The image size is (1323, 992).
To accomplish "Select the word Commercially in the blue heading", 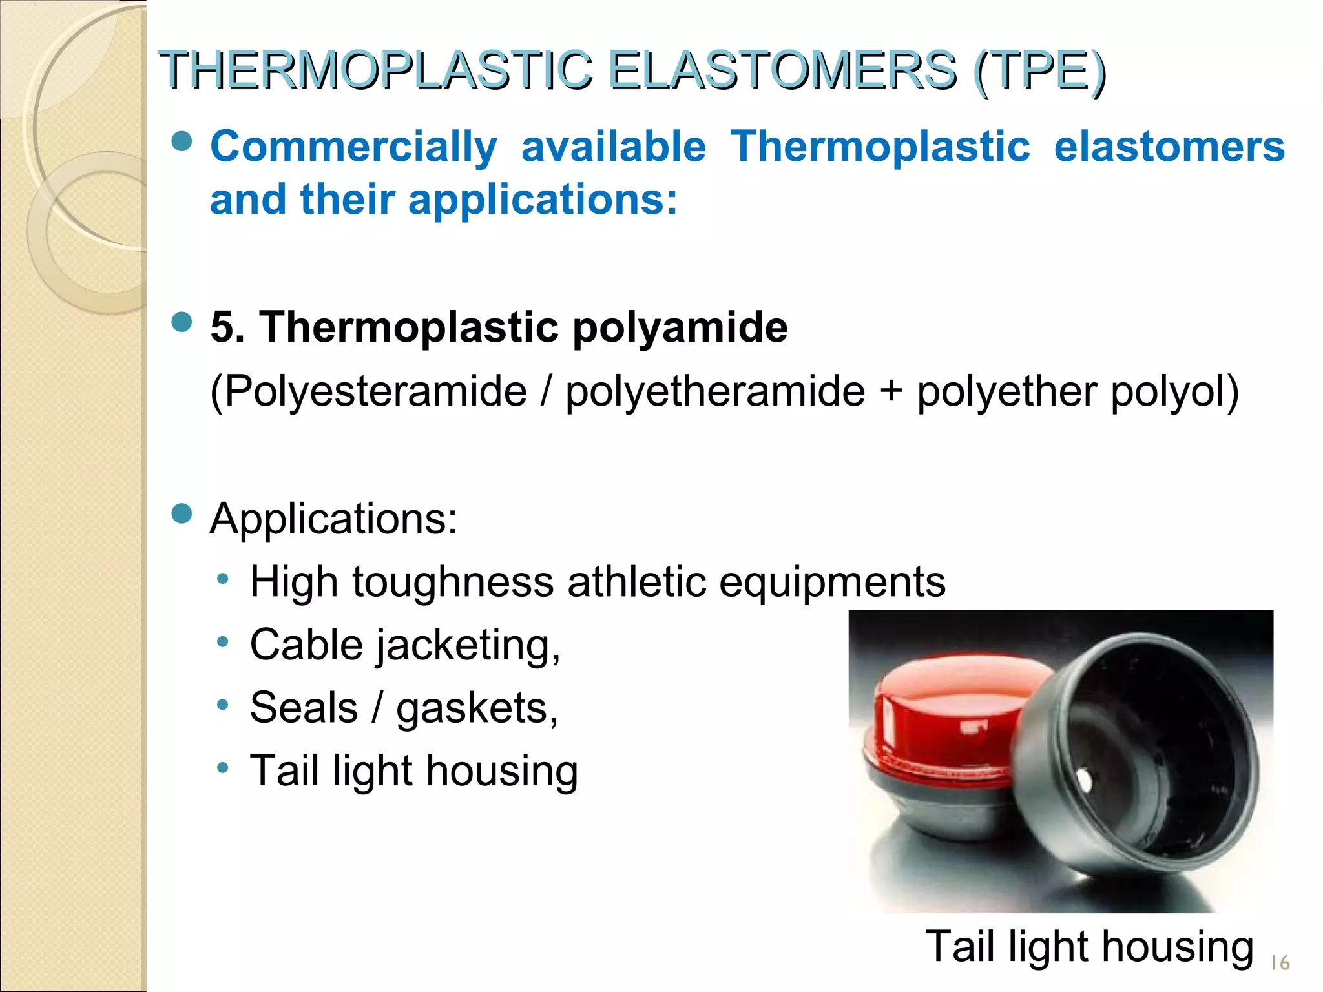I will (x=353, y=147).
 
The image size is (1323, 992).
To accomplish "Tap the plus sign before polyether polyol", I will (x=891, y=390).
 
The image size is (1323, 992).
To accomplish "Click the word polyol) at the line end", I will (x=1174, y=392).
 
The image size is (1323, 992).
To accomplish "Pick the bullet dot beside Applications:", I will (x=183, y=514).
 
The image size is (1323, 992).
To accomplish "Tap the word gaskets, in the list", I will (x=477, y=708).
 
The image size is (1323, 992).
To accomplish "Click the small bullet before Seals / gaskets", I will (x=223, y=705).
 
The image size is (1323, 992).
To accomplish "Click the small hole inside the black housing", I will (x=1085, y=781).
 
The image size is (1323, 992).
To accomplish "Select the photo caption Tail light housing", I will (x=1089, y=947).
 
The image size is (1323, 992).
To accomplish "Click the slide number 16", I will (x=1280, y=963).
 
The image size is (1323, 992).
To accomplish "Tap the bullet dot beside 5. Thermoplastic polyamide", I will (x=183, y=322).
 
